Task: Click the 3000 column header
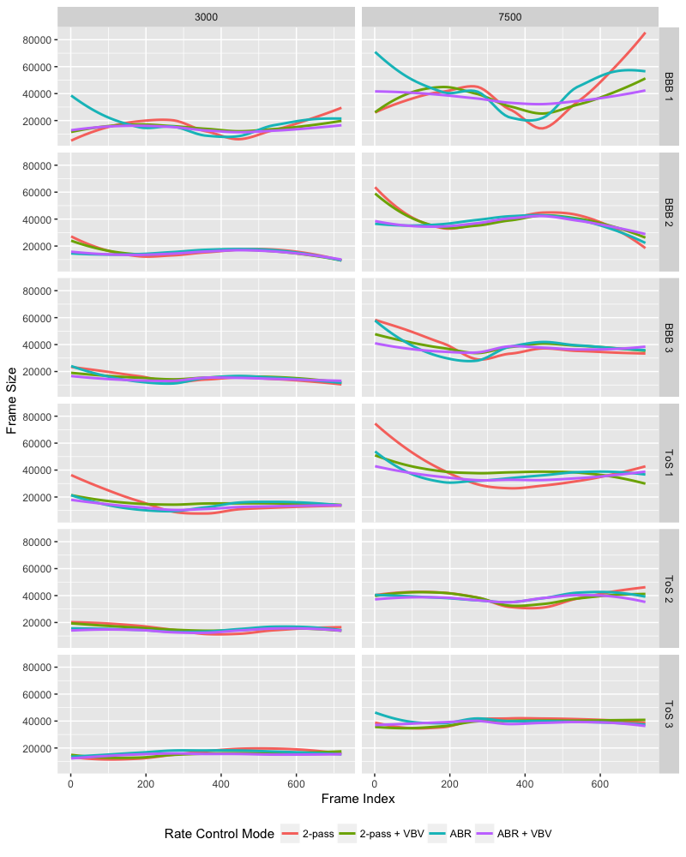tap(206, 16)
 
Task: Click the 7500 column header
tap(509, 16)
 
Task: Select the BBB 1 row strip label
tap(669, 87)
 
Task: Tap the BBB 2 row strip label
tap(669, 212)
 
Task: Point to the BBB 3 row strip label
tap(669, 337)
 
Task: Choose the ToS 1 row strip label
tap(669, 462)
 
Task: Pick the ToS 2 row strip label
tap(669, 587)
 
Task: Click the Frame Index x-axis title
tap(358, 799)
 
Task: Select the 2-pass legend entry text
tap(319, 833)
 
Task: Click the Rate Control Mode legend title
tap(219, 833)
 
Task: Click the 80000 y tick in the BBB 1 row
tap(39, 39)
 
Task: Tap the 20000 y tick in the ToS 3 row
tap(39, 748)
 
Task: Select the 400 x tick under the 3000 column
tap(221, 782)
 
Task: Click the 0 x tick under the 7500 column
tap(375, 782)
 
